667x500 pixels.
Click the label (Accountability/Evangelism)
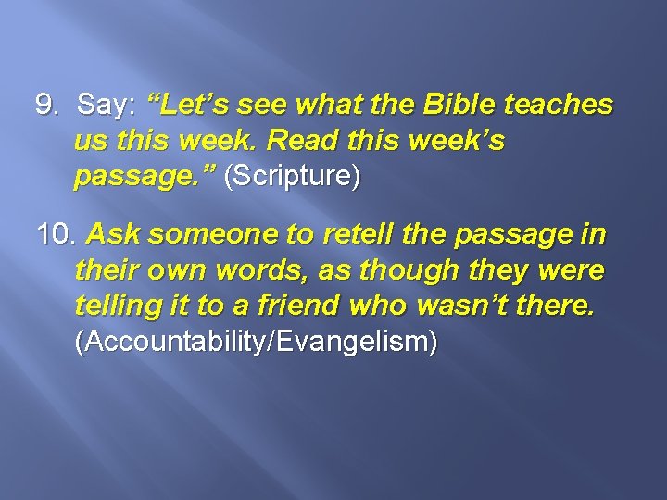pyautogui.click(x=256, y=342)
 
